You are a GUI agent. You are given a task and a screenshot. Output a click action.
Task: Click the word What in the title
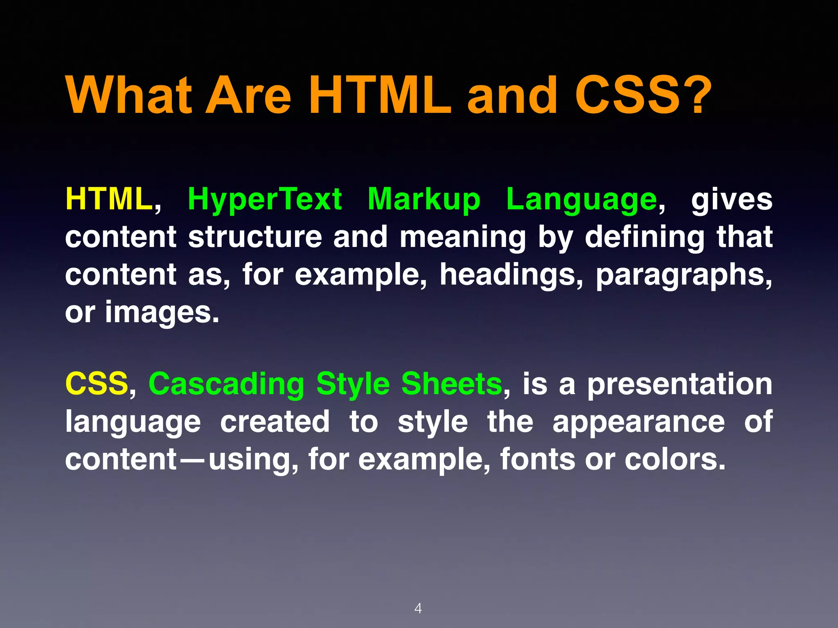pos(129,96)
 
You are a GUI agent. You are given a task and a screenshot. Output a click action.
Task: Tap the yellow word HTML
pos(109,199)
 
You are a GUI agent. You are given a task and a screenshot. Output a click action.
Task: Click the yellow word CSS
pos(97,384)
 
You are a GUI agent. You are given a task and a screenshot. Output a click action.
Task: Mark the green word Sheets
pos(452,384)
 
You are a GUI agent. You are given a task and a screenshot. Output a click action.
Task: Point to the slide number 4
pos(418,608)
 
